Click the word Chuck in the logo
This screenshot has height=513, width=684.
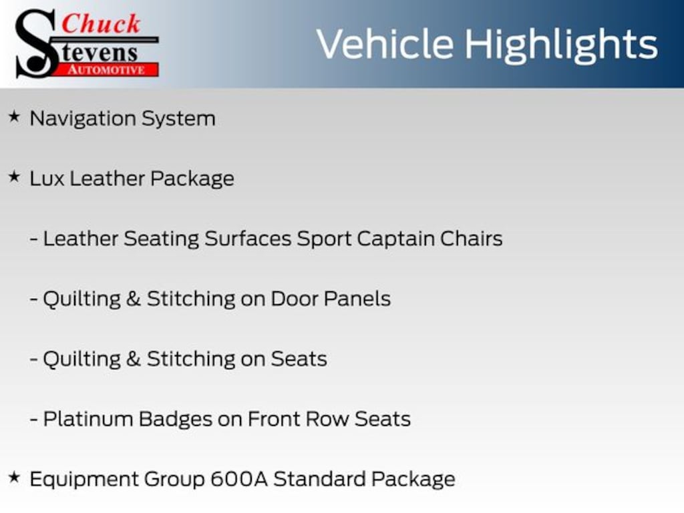tap(101, 23)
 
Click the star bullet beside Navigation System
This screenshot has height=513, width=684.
tap(15, 116)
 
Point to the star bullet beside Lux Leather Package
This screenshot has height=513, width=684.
tap(15, 176)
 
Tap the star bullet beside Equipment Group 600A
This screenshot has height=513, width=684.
tap(15, 477)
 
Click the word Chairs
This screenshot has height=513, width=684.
tap(471, 238)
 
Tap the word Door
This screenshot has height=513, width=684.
tap(295, 299)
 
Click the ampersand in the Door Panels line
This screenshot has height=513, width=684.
tap(134, 299)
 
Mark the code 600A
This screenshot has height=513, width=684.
tap(239, 479)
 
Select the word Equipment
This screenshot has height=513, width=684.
tap(83, 480)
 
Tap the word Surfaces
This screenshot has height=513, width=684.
tap(248, 238)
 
